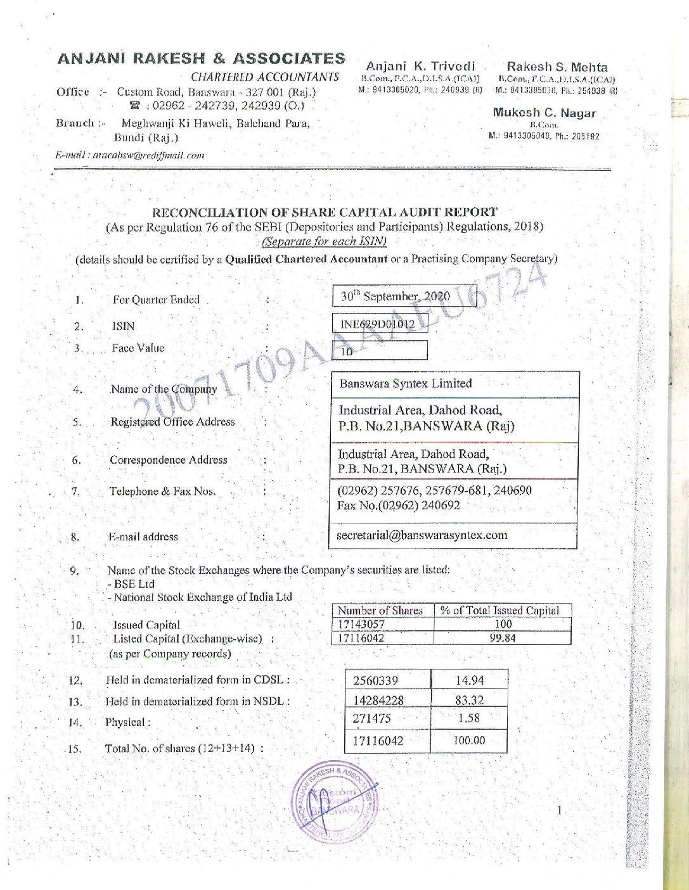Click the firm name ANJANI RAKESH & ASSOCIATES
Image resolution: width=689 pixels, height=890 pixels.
point(201,58)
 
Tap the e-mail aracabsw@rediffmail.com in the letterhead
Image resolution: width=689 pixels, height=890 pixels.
point(130,155)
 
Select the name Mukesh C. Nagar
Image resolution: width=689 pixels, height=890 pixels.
point(544,113)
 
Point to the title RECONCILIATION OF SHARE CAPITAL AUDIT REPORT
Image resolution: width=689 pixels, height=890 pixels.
point(325,212)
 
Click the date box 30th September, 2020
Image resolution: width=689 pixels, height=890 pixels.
point(396,296)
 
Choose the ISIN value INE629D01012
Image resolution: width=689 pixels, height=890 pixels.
point(378,324)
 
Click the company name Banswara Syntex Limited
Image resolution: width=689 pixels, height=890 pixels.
point(406,383)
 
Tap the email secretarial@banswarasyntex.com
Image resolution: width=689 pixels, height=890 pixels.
point(422,535)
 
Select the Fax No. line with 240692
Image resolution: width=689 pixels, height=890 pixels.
point(399,505)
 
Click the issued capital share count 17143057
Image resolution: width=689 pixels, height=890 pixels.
point(361,624)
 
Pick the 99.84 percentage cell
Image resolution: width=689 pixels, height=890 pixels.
point(502,638)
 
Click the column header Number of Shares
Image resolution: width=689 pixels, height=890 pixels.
point(380,611)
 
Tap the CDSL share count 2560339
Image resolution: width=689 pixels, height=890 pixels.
point(376,680)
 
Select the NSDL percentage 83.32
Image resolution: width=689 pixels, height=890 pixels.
point(470,700)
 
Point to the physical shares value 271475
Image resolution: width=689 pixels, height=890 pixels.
point(372,718)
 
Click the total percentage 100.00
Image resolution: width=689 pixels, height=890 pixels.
point(469,740)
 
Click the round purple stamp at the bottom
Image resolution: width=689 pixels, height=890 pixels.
point(334,803)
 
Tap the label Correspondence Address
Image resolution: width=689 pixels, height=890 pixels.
point(169,460)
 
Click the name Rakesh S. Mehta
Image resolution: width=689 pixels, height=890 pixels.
point(557,67)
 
